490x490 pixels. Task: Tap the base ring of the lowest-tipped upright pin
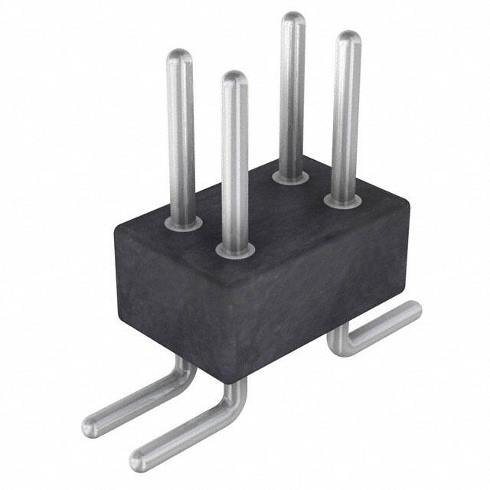point(235,249)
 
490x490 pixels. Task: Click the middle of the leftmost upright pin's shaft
point(181,138)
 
